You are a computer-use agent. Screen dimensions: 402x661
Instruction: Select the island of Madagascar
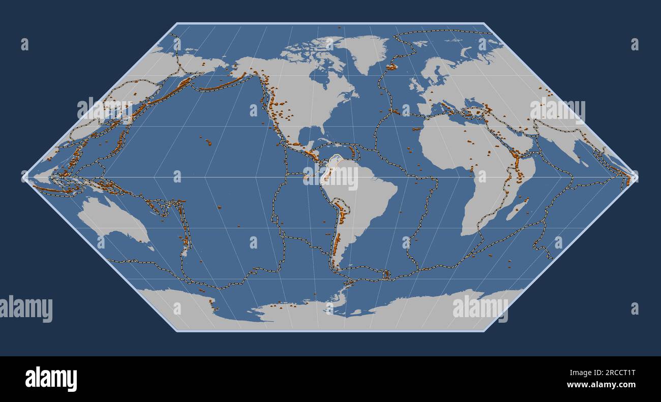pos(518,209)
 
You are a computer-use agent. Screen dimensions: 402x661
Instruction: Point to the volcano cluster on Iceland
pos(392,67)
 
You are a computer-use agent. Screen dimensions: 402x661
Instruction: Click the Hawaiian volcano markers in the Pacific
pos(208,142)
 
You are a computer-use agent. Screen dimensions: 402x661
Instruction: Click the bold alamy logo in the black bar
pos(51,379)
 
